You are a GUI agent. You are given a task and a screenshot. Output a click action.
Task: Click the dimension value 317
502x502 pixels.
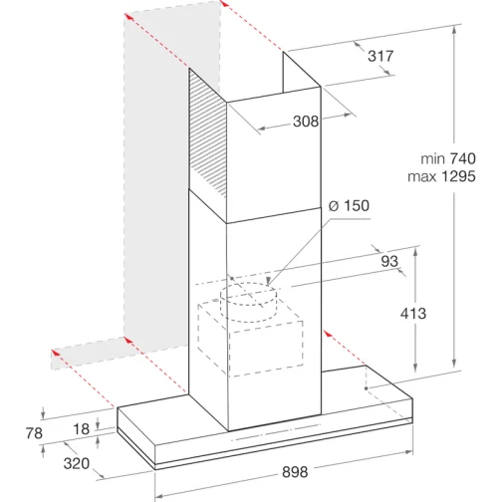379,57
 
